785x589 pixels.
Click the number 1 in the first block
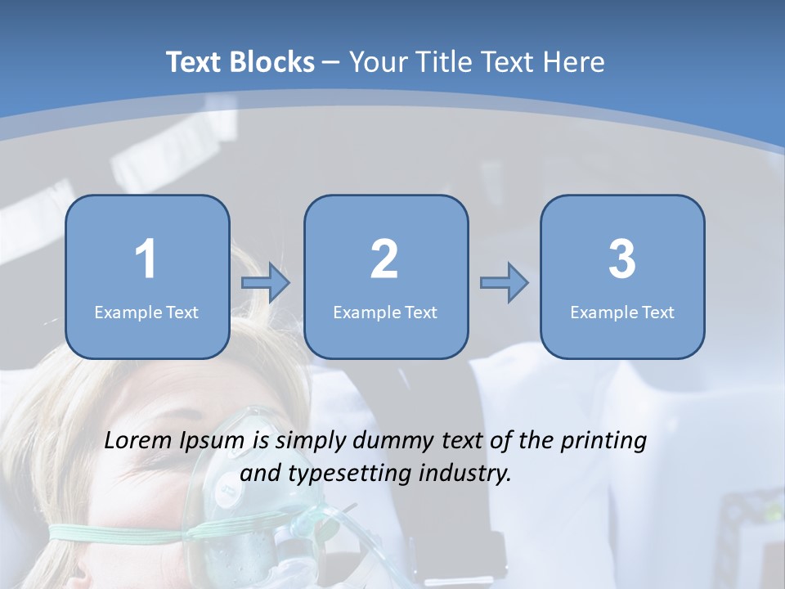(x=146, y=259)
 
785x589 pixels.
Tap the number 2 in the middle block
(x=384, y=259)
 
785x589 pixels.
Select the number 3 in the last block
(x=622, y=259)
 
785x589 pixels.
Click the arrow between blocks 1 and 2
(x=266, y=283)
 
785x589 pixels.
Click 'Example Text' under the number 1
(x=146, y=312)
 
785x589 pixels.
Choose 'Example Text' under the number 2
(x=385, y=312)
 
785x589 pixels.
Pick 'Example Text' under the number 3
(x=622, y=312)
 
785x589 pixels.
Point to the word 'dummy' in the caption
(x=392, y=442)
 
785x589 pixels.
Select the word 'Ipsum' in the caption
(x=217, y=442)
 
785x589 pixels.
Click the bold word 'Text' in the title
(x=195, y=62)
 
